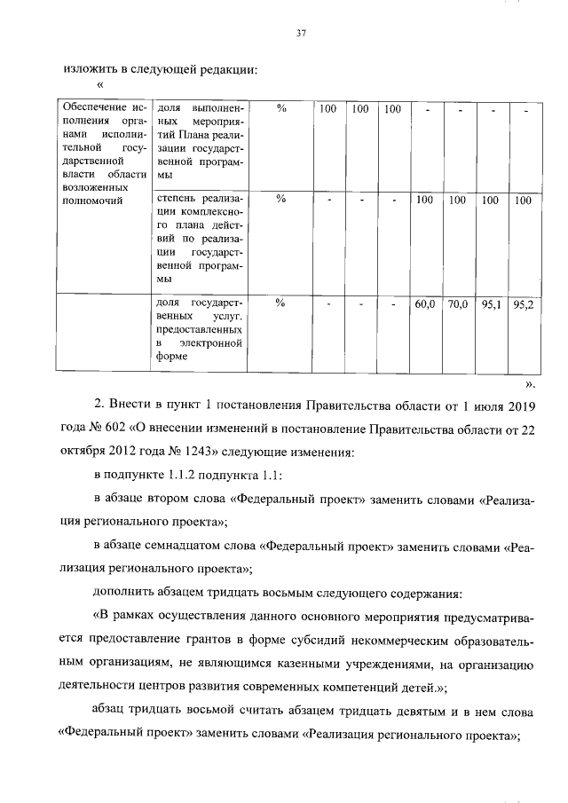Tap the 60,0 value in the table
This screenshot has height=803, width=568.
coord(425,304)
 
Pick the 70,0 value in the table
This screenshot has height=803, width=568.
coord(457,304)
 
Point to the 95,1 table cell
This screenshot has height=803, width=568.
coord(490,304)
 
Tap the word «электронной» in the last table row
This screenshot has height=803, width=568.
coord(216,343)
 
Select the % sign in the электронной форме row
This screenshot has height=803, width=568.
coord(280,304)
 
